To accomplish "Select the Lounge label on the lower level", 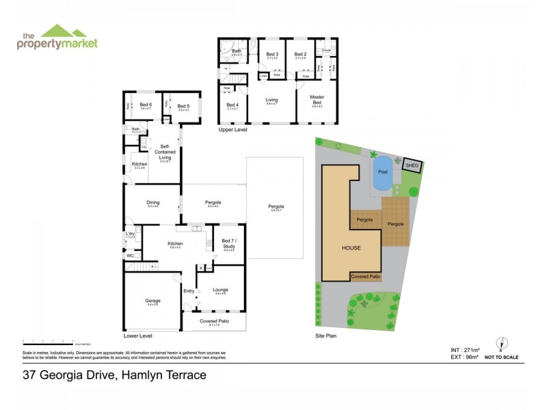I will [x=220, y=290].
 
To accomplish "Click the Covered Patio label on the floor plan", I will [x=214, y=321].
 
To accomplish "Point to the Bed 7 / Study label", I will [x=229, y=244].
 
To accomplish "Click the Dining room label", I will [x=152, y=202].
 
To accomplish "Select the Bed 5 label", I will [x=183, y=106].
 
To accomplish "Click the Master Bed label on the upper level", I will [x=317, y=100].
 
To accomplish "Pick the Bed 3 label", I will [x=271, y=54].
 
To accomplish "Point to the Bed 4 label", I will [x=232, y=105].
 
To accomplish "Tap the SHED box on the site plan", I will [x=412, y=165].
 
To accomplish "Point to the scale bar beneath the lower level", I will [x=48, y=340].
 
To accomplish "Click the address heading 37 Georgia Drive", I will [x=114, y=374].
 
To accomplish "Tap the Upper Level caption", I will [x=232, y=129].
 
